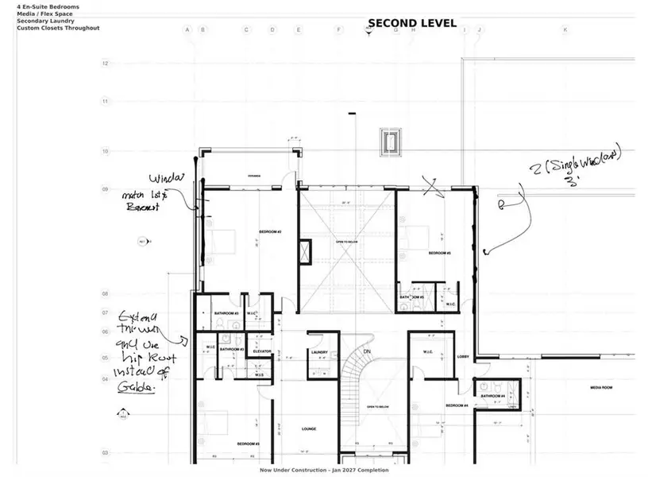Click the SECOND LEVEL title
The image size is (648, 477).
click(x=411, y=23)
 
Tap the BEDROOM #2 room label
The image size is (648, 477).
click(x=271, y=232)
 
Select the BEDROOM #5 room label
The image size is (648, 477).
click(x=439, y=253)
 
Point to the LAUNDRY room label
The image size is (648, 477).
click(x=320, y=352)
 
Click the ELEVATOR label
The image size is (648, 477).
click(x=262, y=351)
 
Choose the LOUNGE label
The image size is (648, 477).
click(x=309, y=429)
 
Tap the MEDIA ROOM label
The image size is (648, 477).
click(x=601, y=388)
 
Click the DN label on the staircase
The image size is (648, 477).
click(x=367, y=351)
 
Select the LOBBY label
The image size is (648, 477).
click(x=464, y=357)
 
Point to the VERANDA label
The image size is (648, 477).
click(x=254, y=176)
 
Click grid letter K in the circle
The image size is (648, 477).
click(x=565, y=30)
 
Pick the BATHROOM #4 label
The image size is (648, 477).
click(x=492, y=395)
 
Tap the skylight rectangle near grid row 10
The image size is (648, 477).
click(x=391, y=142)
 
